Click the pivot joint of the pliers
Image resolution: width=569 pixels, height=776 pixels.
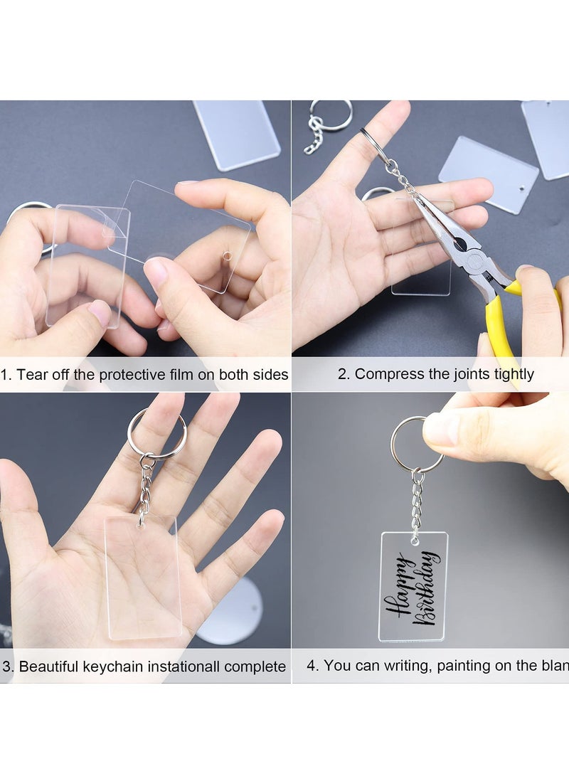459,244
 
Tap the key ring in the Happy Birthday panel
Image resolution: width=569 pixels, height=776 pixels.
415,445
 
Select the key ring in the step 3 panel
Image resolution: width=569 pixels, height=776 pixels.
156,433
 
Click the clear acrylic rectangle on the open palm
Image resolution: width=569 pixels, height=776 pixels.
142,576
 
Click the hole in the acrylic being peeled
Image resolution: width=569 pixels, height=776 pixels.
227,255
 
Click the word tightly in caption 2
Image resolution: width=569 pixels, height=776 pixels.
511,374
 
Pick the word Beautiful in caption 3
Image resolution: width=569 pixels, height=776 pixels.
48,667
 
